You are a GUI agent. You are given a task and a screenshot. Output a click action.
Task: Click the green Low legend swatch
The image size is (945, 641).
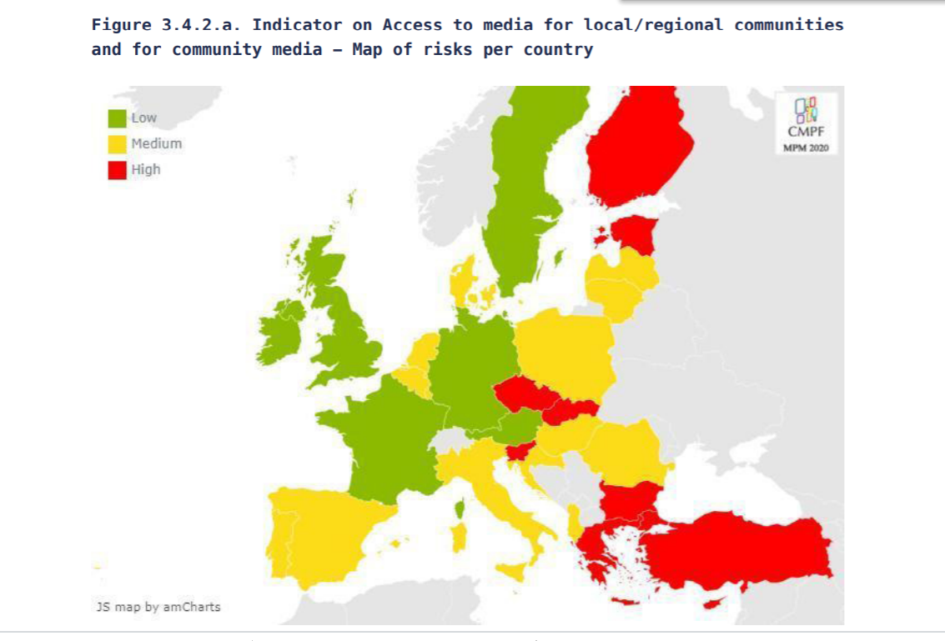(117, 118)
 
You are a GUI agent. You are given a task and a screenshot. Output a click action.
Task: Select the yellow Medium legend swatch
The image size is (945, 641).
(117, 144)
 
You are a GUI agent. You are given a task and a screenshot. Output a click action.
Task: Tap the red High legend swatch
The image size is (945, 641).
(117, 169)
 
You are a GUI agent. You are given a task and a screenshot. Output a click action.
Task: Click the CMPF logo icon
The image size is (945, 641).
(807, 109)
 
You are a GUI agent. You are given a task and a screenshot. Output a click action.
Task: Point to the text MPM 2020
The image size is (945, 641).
(806, 148)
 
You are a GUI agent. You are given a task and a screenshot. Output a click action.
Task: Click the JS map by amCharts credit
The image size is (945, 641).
(158, 607)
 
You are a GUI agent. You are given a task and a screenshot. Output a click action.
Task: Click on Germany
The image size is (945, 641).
(471, 371)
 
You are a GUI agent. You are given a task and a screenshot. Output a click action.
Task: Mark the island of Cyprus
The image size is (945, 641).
(714, 603)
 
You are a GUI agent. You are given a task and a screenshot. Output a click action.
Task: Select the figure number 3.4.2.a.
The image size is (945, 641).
(201, 24)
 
